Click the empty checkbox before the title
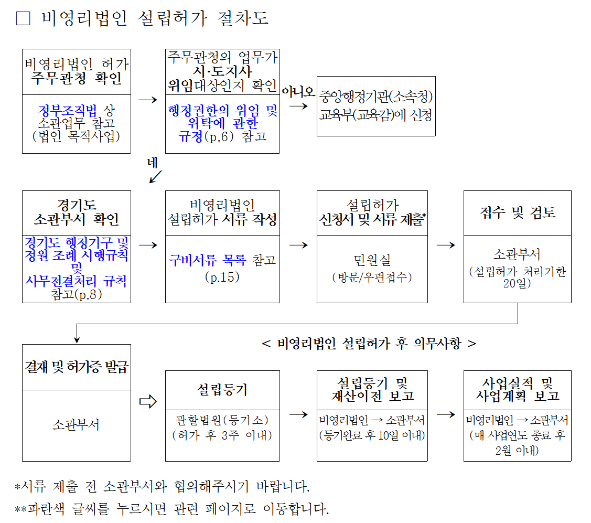[x=23, y=18]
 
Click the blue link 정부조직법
[x=68, y=111]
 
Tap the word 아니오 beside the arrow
[x=298, y=92]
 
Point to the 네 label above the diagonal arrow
[x=152, y=163]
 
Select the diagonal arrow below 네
[x=155, y=177]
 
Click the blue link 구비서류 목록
[x=208, y=260]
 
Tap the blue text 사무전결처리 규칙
[x=76, y=281]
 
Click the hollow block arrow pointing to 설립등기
[x=148, y=401]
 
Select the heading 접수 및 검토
[x=518, y=212]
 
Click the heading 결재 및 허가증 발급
[x=77, y=367]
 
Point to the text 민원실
[x=372, y=260]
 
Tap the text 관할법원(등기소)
[x=222, y=420]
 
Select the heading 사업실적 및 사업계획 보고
[x=518, y=390]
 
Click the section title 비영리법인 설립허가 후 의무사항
[x=369, y=344]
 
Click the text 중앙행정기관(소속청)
[x=376, y=97]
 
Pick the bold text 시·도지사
[x=222, y=71]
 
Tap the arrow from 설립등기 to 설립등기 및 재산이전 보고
[x=298, y=415]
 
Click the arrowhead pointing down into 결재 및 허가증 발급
[x=77, y=340]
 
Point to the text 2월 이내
[x=517, y=450]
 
